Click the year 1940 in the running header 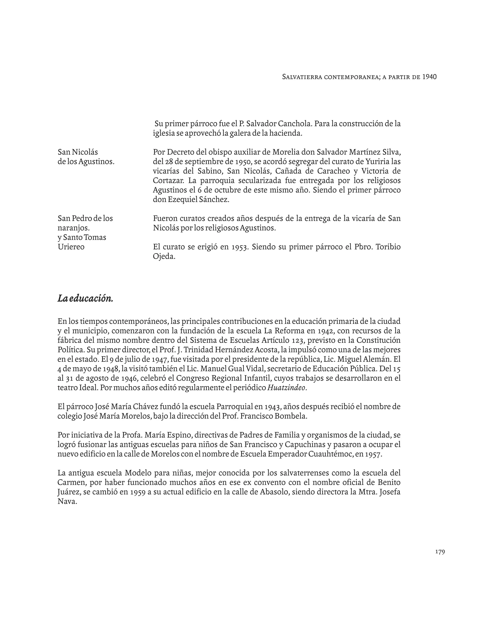[x=429, y=77]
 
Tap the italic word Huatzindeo [x=287, y=388]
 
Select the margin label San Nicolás [x=78, y=152]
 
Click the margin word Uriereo [x=71, y=247]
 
